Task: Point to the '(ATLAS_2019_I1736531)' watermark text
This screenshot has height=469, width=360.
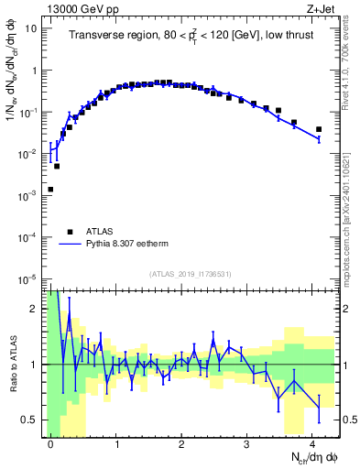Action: (x=191, y=274)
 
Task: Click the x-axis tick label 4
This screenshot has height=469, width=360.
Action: (x=312, y=442)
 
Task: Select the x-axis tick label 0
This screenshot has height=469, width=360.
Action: (x=50, y=442)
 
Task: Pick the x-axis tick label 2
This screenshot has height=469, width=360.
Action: (x=181, y=442)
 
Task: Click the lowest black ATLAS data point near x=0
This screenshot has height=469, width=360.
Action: (x=50, y=190)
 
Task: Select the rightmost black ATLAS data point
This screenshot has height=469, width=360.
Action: (x=319, y=129)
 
